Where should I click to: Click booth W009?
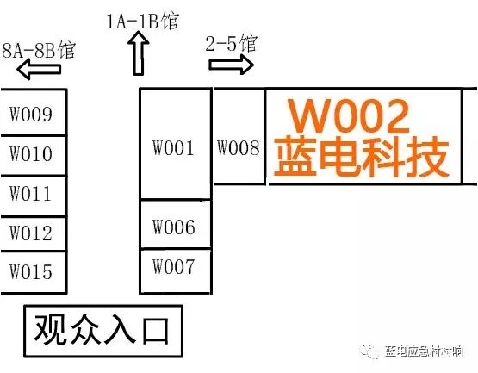tap(33, 112)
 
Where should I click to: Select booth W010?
tap(33, 156)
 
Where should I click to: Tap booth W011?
tap(33, 196)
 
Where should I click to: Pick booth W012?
tap(33, 234)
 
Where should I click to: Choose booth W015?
tap(33, 273)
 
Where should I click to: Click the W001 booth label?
tap(173, 148)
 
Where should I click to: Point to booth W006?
tap(176, 224)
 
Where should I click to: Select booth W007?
tap(176, 271)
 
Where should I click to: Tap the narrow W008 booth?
tap(239, 136)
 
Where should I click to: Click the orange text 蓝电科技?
tap(362, 157)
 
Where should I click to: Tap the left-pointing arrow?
tap(39, 69)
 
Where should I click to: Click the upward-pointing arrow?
tap(139, 53)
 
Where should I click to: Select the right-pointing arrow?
tap(232, 65)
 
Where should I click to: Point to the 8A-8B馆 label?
tap(39, 50)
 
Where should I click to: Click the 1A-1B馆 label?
tap(142, 21)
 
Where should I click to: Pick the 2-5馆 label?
tap(232, 43)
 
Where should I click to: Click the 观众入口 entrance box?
tap(103, 331)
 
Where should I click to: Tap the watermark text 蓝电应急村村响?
tap(424, 351)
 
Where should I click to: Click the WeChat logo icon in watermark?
tap(369, 352)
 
